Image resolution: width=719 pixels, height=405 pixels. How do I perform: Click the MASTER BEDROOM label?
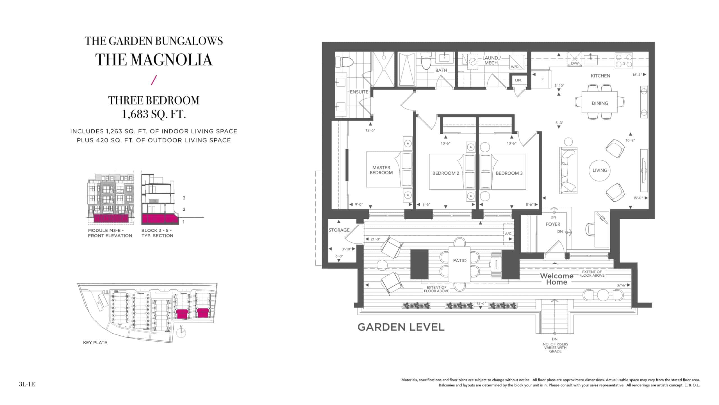point(381,170)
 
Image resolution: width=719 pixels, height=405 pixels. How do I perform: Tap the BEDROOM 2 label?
point(446,173)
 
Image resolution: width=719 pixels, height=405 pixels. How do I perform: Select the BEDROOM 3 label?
point(509,173)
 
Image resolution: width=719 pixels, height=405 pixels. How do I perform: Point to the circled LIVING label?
point(600,170)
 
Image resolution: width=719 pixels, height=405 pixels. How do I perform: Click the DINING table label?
point(600,103)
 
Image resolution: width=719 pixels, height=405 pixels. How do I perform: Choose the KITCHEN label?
point(600,76)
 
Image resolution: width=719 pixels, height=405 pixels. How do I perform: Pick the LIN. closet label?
point(518,80)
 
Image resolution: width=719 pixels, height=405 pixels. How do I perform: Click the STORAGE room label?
point(339,230)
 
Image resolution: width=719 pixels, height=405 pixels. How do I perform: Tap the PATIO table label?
point(459,261)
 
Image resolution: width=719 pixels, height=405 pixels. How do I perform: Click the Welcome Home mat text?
point(557,279)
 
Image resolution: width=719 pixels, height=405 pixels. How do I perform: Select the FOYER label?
point(553,224)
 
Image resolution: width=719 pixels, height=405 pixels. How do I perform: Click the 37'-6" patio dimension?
point(621,285)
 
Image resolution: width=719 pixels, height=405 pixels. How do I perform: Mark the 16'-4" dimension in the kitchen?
point(637,75)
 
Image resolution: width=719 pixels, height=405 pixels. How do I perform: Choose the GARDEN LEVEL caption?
point(401,327)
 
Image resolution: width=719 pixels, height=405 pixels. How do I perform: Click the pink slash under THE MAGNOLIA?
point(154,80)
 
